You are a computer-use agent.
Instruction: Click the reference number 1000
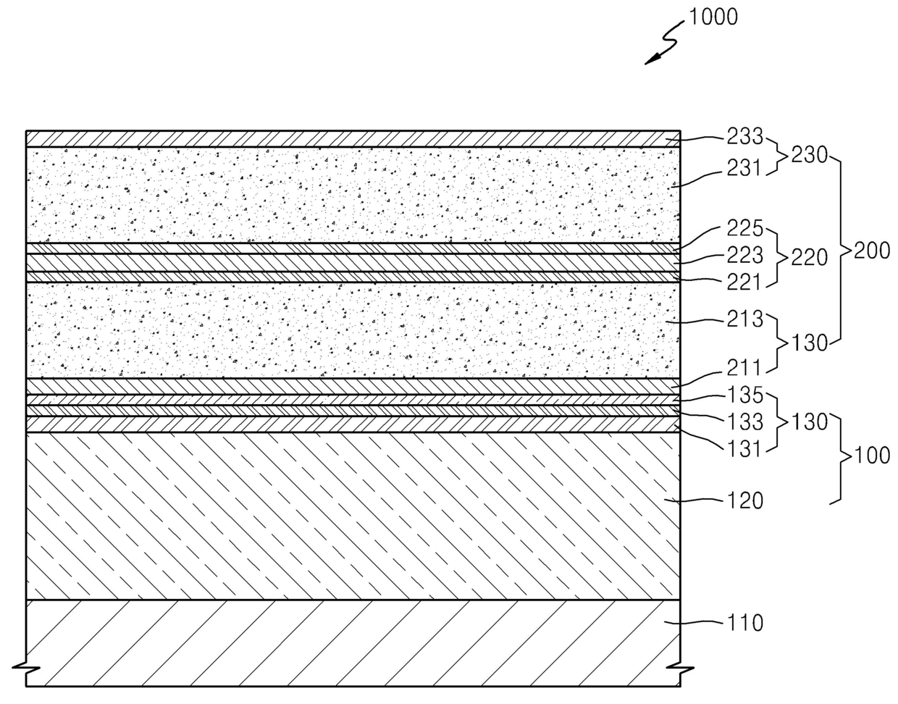[x=713, y=17]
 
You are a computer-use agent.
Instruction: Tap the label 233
[x=746, y=135]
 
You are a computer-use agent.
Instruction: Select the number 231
[x=746, y=169]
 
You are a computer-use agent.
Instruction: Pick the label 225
[x=746, y=229]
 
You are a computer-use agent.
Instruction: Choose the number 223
[x=746, y=255]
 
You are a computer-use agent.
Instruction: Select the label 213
[x=746, y=318]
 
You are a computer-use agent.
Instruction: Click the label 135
[x=746, y=395]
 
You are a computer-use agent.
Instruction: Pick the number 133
[x=746, y=421]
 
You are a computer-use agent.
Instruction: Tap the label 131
[x=746, y=448]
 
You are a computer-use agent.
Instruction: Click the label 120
[x=746, y=500]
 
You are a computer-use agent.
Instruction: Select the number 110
[x=746, y=622]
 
